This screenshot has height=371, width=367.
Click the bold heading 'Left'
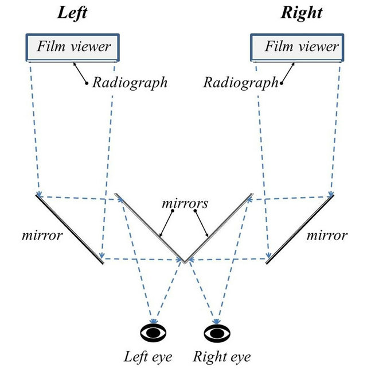72,13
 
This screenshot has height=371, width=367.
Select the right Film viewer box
296,46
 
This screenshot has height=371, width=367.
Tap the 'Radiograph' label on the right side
240,82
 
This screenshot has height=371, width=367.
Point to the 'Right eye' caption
221,357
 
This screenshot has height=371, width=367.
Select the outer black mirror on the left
70,229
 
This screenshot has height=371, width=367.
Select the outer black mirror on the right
299,229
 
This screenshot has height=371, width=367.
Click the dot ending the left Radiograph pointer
87,84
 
